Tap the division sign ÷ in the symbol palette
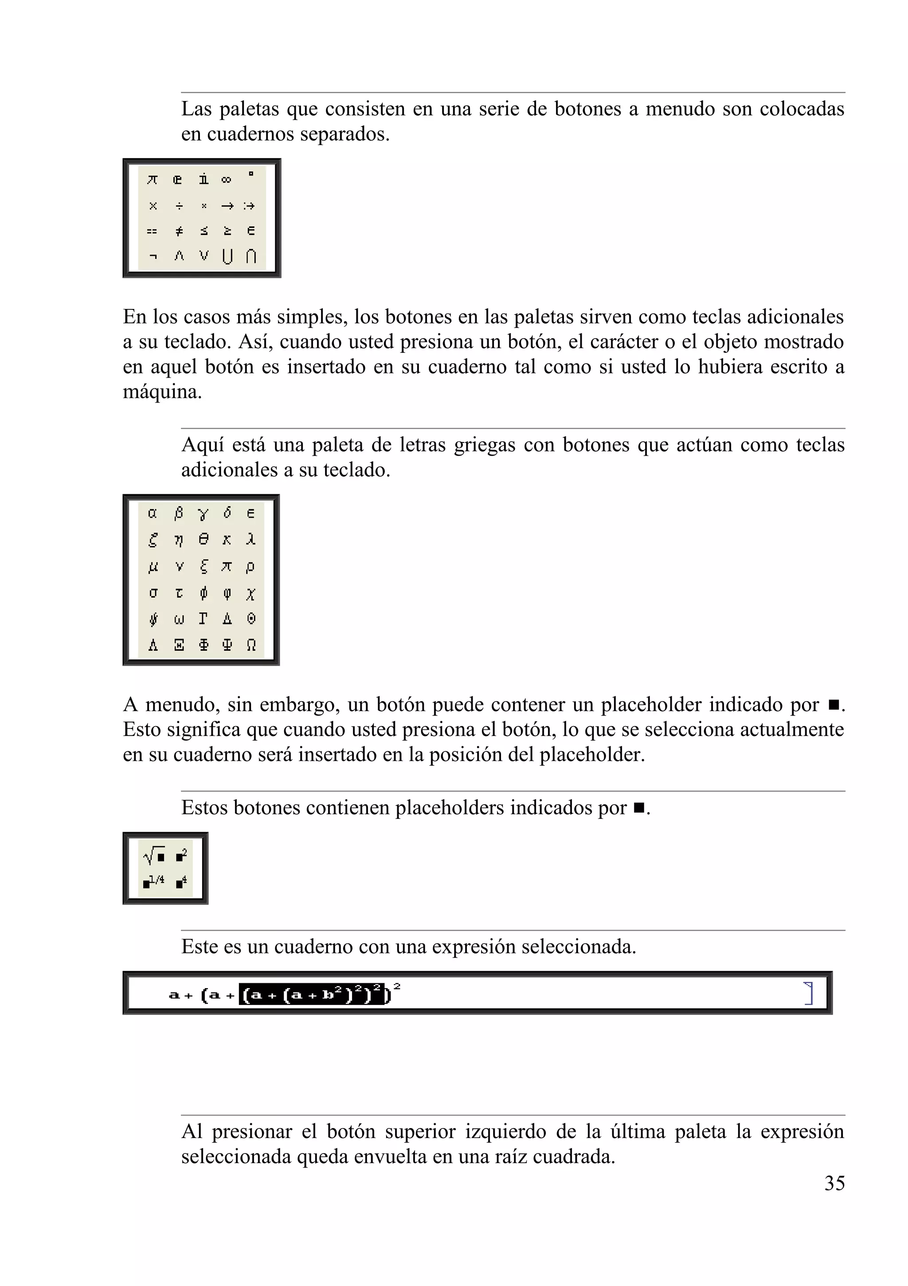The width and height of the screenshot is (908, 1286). (x=179, y=206)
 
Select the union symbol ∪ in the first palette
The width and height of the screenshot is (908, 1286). (x=227, y=257)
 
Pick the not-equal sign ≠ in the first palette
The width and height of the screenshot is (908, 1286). (x=179, y=231)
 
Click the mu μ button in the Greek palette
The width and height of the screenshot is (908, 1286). (x=153, y=567)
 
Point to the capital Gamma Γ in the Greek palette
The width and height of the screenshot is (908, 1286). (x=203, y=619)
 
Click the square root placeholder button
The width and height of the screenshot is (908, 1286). (x=154, y=856)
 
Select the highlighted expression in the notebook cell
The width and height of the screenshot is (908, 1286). (x=313, y=995)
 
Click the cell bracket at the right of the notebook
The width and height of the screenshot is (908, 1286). (x=808, y=993)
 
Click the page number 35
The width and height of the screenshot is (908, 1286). (x=834, y=1183)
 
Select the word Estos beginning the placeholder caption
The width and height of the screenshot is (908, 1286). (x=204, y=808)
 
